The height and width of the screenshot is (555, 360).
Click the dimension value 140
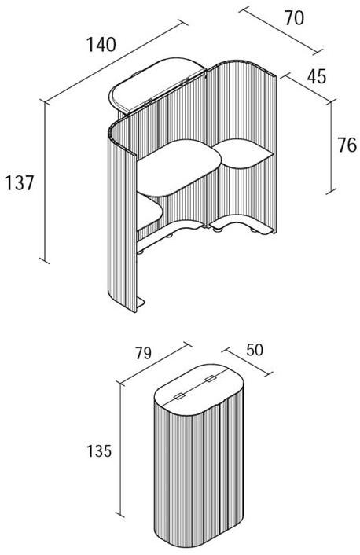[x=101, y=45]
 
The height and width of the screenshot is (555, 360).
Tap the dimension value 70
[x=294, y=18]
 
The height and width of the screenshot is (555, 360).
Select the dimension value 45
[x=317, y=76]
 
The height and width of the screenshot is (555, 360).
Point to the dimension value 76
[x=347, y=145]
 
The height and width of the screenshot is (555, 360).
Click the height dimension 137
[x=19, y=183]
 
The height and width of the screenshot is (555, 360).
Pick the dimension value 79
[x=143, y=353]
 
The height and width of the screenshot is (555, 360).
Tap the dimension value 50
[x=255, y=350]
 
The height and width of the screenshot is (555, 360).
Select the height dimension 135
[x=99, y=451]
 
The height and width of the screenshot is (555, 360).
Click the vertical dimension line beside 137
[x=45, y=182]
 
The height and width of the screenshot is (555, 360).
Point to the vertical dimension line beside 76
[x=331, y=148]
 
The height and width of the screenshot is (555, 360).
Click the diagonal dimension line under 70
[x=281, y=31]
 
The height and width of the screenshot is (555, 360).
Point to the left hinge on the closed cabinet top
[x=178, y=396]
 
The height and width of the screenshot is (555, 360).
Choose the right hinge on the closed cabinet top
[x=211, y=379]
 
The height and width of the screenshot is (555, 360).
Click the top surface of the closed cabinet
[x=198, y=389]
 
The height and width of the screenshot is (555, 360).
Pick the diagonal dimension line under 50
[x=248, y=362]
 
